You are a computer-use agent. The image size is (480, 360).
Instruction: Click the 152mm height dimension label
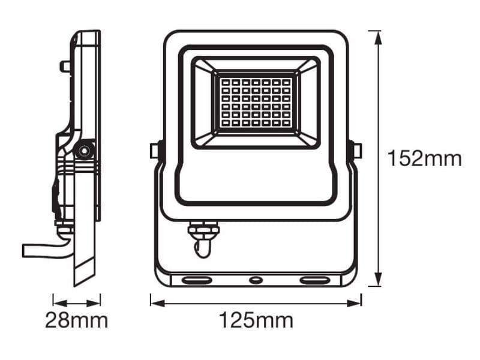[425, 158]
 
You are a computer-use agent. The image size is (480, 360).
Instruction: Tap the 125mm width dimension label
[256, 320]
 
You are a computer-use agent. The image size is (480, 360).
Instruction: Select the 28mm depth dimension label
[77, 320]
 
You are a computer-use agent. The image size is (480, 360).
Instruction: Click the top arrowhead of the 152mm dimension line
[379, 38]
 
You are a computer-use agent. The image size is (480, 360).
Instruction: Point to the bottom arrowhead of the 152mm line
[379, 278]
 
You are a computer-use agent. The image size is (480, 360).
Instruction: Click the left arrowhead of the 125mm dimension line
[158, 304]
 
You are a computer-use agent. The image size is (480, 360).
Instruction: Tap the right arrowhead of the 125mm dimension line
[354, 304]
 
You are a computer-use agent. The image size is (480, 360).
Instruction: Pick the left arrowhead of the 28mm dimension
[60, 304]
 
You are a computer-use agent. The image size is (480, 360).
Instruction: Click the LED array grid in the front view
[256, 103]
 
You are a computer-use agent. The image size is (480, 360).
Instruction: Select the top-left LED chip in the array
[226, 82]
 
